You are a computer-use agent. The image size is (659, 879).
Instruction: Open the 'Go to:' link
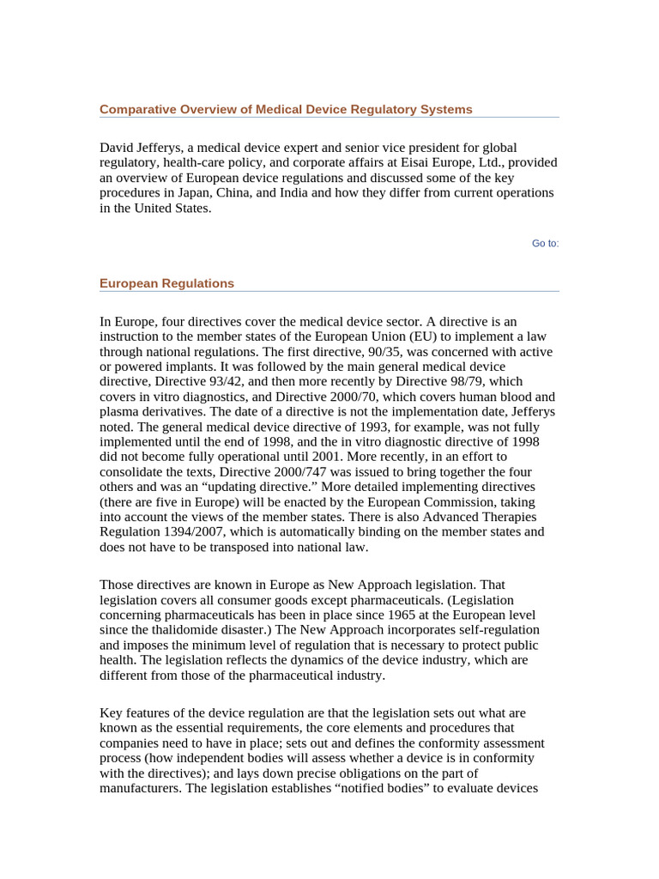545,244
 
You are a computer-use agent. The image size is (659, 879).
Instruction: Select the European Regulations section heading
166,283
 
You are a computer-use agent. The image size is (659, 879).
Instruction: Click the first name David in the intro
118,149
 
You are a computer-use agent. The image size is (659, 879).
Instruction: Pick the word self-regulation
490,630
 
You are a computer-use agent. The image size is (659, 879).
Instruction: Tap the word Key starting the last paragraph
112,713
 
